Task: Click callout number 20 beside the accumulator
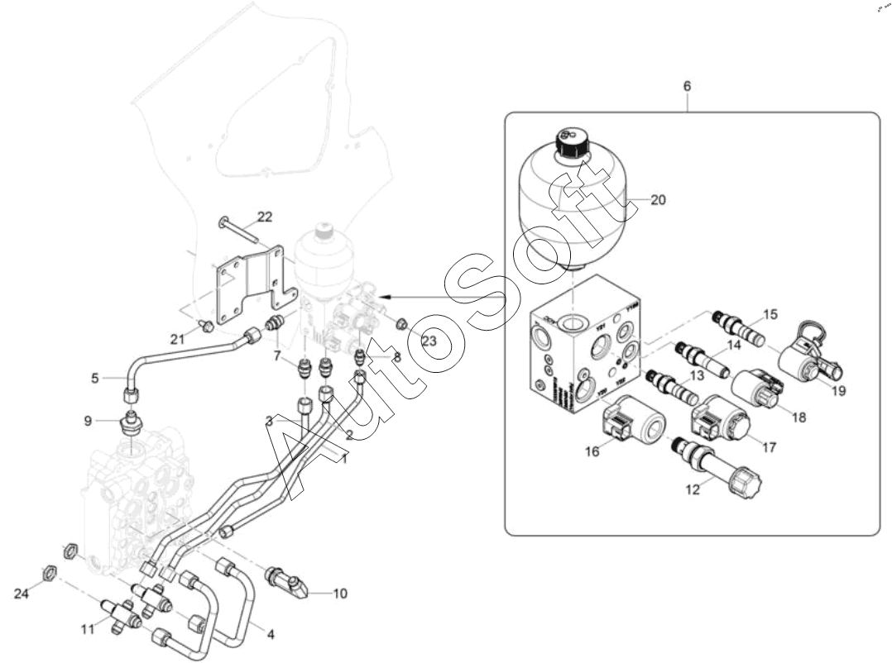coord(658,199)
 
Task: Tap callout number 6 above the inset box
coord(687,85)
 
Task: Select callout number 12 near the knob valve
coord(693,489)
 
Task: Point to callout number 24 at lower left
coord(21,594)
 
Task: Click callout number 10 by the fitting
coord(340,593)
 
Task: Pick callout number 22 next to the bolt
coord(265,217)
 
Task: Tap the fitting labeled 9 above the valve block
coord(130,422)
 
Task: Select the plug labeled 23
coord(400,323)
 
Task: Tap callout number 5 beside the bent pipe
coord(96,379)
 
